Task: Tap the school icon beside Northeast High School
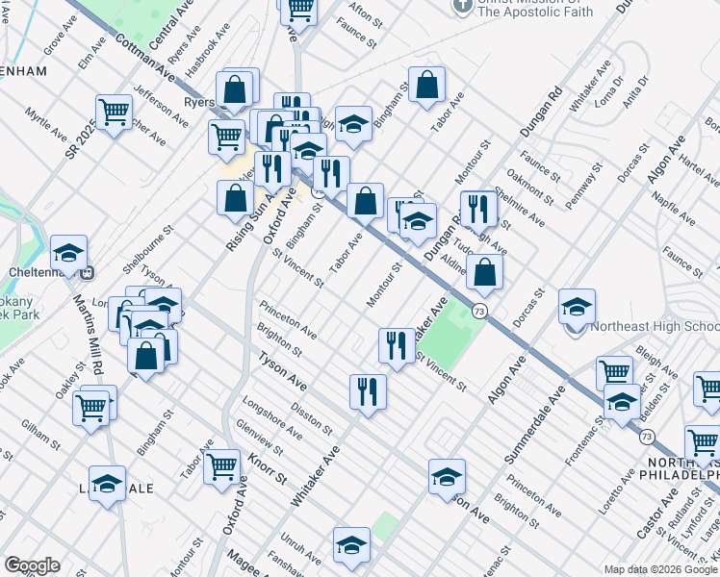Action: coord(577,308)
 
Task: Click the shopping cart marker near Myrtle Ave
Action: coord(114,113)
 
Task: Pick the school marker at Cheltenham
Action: coord(68,254)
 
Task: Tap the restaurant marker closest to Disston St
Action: coord(367,391)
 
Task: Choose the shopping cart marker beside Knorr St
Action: coord(221,466)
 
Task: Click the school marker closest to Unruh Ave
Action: coord(351,545)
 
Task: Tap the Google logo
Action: coord(32,566)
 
